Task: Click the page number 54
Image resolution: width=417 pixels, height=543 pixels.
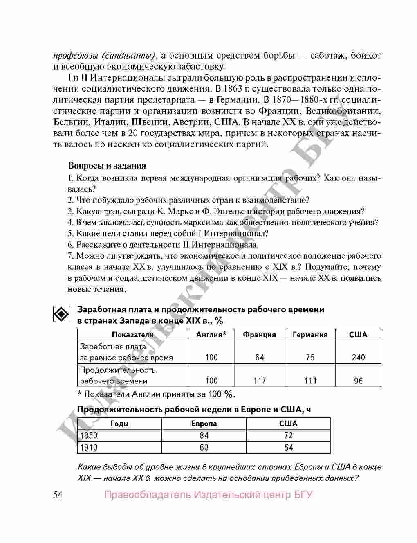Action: tap(58, 495)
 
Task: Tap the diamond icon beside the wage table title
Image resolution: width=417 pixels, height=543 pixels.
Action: tap(61, 314)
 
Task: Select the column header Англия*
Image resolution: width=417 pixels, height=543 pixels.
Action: tap(211, 335)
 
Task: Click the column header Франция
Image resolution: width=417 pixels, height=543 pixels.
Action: tap(259, 335)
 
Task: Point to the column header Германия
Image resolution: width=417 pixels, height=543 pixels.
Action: tap(310, 335)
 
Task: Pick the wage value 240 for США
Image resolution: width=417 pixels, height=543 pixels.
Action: tap(358, 358)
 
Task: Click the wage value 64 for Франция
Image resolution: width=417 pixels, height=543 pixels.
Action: tap(260, 358)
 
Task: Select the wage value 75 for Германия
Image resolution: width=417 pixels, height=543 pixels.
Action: tap(310, 358)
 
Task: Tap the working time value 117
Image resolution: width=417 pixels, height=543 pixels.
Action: tap(260, 381)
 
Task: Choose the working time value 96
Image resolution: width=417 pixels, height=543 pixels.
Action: tap(358, 381)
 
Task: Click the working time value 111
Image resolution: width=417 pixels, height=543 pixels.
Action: tap(310, 381)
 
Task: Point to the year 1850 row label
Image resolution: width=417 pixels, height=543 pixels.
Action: tap(89, 436)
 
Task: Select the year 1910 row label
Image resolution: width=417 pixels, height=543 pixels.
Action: tap(89, 448)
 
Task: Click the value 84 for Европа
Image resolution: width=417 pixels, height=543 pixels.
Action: tap(204, 436)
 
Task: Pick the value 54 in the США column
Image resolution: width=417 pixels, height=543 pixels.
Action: tap(289, 448)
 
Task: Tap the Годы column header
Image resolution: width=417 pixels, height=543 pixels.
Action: tap(120, 424)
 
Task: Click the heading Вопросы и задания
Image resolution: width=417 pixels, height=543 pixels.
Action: tap(107, 166)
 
